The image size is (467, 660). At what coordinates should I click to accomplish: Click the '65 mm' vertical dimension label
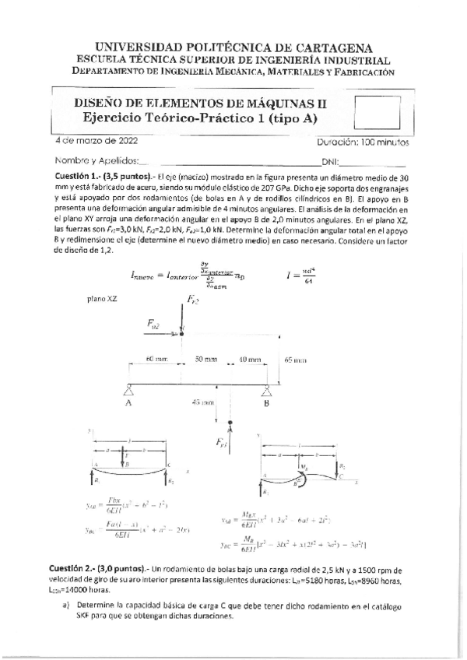(295, 360)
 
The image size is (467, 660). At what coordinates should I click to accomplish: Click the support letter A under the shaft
(128, 403)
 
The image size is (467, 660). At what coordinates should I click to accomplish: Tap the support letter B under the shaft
(266, 403)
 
